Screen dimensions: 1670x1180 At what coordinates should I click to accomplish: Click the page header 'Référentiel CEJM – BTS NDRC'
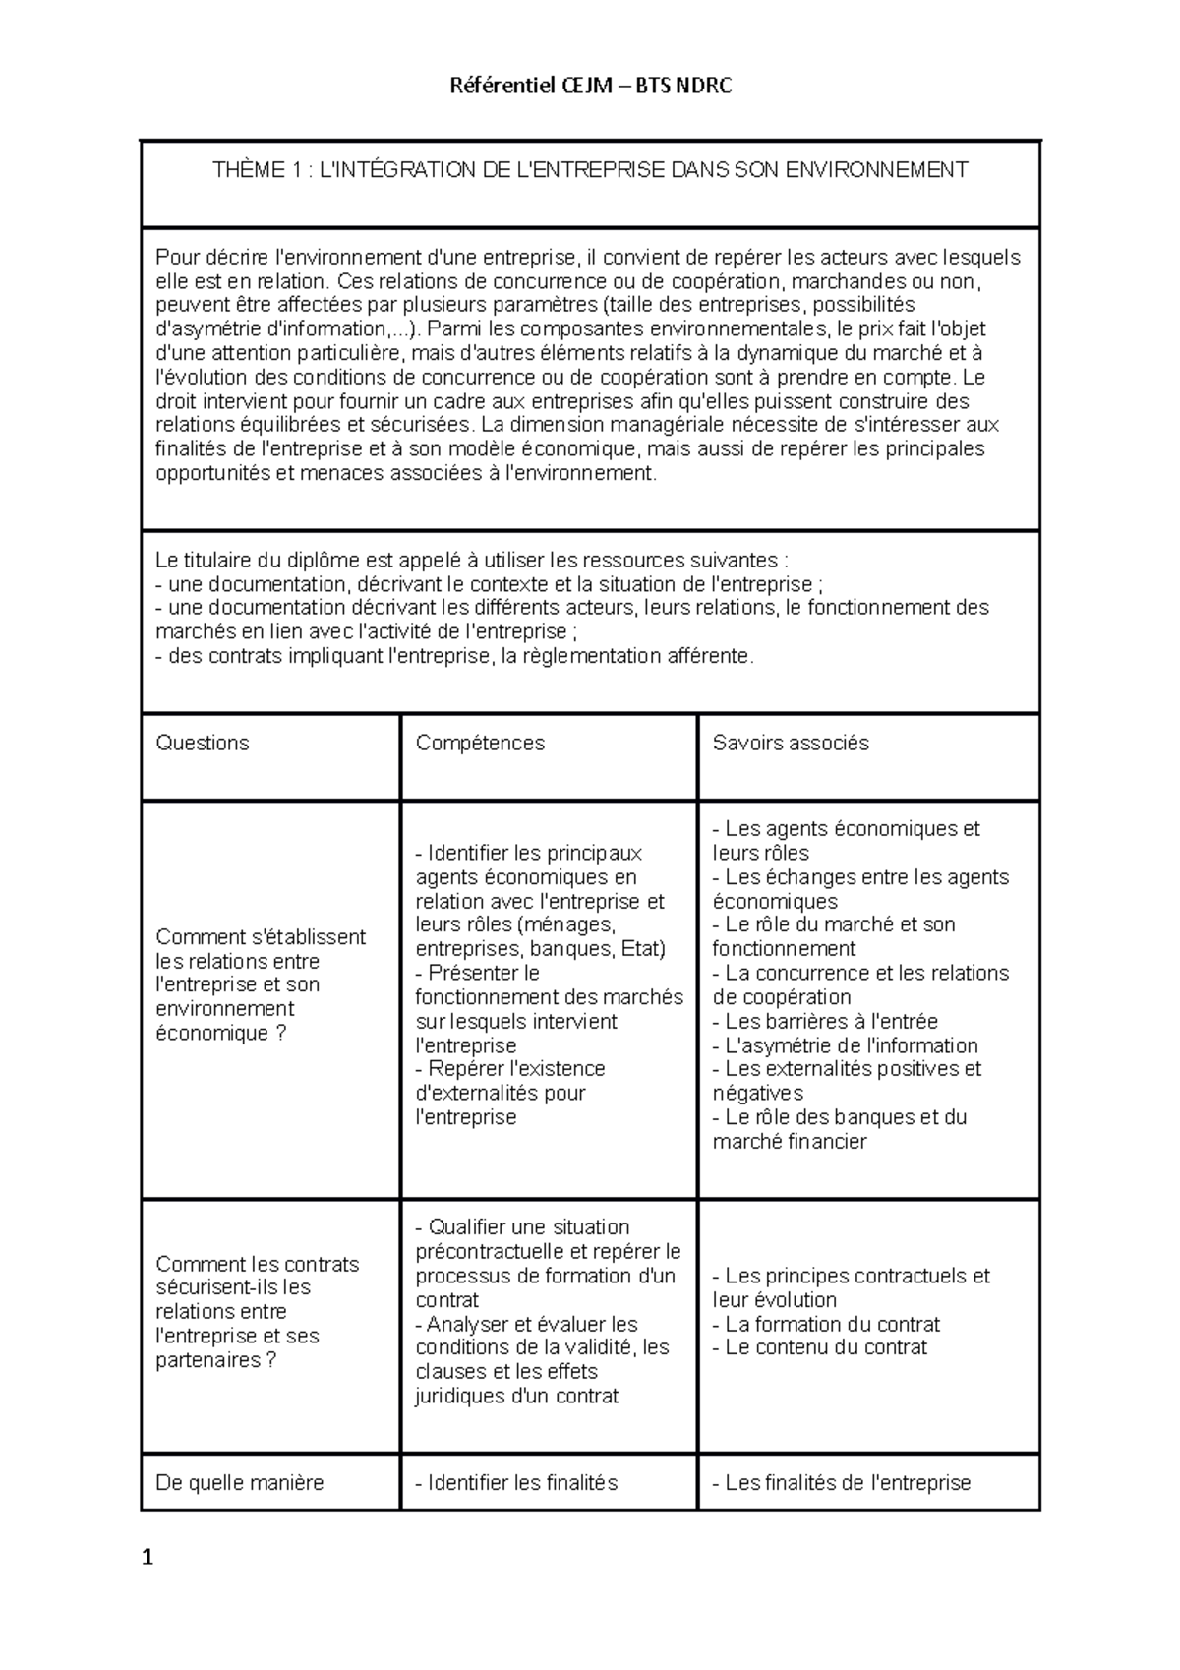[590, 87]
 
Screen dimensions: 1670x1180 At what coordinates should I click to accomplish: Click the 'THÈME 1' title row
[590, 170]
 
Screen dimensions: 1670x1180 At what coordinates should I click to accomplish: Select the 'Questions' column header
[203, 744]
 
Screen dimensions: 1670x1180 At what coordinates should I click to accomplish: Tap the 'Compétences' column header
[480, 744]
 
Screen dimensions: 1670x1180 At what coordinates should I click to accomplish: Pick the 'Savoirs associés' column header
[791, 744]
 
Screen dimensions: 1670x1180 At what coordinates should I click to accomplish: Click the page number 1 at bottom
[147, 1558]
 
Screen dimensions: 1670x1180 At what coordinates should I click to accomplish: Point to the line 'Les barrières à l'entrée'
[831, 1022]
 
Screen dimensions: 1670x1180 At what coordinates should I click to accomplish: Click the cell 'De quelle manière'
[240, 1483]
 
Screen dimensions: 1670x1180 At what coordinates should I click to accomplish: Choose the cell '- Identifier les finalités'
[516, 1483]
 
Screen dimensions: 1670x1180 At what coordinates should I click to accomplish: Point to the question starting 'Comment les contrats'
[258, 1265]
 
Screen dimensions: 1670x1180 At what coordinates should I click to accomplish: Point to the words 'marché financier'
[790, 1143]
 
